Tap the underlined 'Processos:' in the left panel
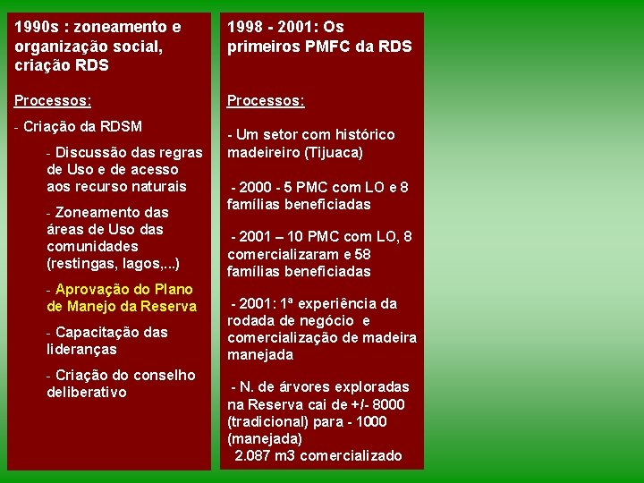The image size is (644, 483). (x=53, y=101)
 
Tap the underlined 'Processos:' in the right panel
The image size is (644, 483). (x=266, y=101)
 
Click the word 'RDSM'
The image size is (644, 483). (x=122, y=126)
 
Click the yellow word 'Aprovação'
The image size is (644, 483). (x=92, y=289)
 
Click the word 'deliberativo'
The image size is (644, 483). (x=86, y=392)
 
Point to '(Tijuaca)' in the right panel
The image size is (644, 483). (x=334, y=152)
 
